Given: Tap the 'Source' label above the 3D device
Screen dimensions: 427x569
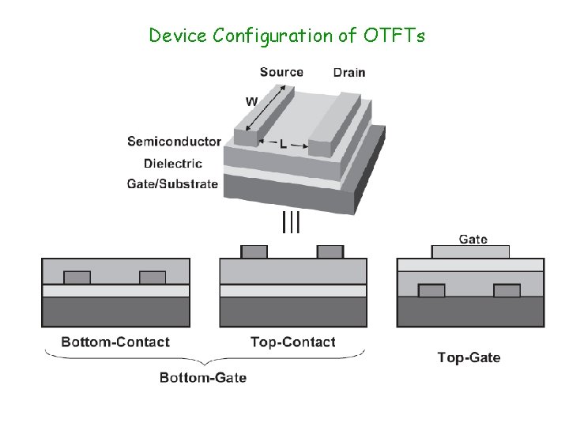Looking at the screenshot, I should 281,72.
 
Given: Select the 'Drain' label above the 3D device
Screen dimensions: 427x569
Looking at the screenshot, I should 349,73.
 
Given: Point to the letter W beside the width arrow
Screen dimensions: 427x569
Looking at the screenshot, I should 251,101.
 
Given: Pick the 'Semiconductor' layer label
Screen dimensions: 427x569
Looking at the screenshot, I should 174,142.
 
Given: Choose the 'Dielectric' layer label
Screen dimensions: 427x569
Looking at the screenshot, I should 173,164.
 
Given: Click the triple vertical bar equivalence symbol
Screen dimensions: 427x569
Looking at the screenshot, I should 291,222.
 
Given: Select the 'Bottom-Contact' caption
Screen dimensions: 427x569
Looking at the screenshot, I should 115,342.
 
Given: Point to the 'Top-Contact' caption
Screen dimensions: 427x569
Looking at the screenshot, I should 292,342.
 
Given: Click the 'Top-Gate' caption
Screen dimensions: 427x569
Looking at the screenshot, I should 469,357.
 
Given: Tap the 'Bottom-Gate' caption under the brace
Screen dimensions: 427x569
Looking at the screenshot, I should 203,378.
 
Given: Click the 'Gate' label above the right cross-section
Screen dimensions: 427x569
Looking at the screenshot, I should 473,239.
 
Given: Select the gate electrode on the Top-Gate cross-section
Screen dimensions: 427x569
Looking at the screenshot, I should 471,251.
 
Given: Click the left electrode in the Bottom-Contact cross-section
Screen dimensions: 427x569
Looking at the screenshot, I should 77,278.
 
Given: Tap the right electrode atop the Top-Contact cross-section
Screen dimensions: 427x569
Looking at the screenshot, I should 330,251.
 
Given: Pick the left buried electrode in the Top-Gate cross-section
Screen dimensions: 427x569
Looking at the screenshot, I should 431,290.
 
